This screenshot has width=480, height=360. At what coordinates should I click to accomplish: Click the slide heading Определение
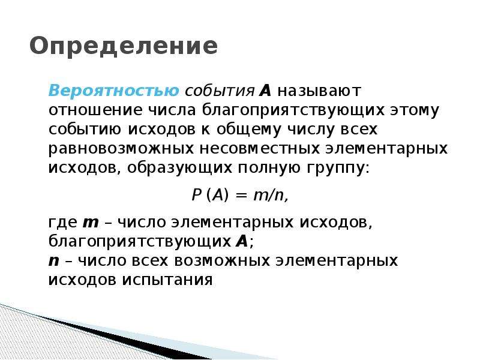(x=124, y=47)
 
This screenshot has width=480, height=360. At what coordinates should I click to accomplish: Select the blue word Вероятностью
(x=113, y=91)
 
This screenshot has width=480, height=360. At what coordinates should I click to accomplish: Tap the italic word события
(x=220, y=91)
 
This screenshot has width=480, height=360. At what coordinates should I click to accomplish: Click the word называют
(x=319, y=91)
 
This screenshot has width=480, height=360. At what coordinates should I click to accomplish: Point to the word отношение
(x=95, y=110)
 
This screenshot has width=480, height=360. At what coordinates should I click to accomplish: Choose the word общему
(x=248, y=130)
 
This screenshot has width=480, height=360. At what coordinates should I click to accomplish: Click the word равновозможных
(x=121, y=149)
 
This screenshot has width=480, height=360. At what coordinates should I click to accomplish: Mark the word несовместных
(x=260, y=149)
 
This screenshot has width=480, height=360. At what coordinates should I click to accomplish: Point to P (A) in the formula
(x=210, y=195)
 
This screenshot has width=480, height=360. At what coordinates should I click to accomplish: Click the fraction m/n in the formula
(x=269, y=195)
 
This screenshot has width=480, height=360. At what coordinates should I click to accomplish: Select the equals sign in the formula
(x=241, y=196)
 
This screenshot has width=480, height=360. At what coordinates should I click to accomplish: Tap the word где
(x=63, y=223)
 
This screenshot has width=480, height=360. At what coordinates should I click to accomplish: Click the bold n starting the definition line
(x=54, y=262)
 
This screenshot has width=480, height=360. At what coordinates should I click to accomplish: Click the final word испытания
(x=167, y=280)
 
